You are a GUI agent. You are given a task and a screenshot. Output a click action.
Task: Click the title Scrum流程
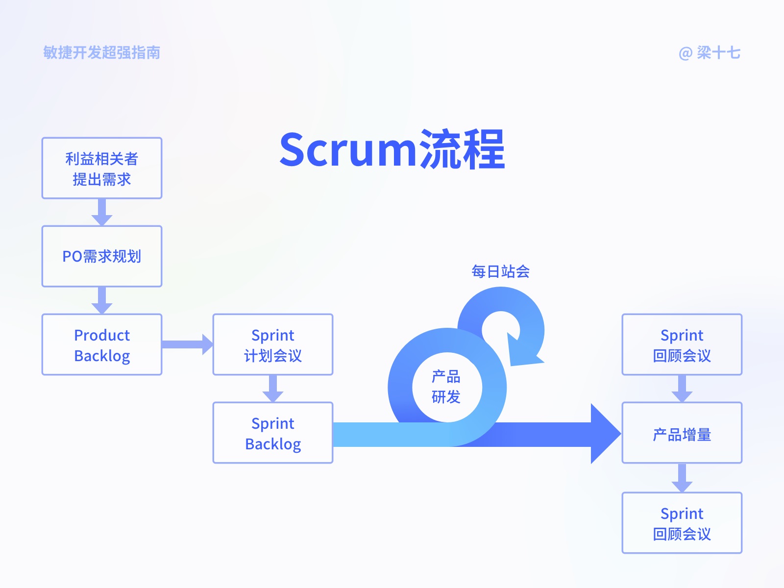coord(392,149)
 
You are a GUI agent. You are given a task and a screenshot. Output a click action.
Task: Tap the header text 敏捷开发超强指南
coord(102,52)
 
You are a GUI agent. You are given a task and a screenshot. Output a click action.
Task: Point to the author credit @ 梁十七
coord(710,53)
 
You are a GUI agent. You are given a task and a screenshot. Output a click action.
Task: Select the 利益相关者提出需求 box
coord(102,168)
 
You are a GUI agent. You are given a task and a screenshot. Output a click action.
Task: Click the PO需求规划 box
coord(102,256)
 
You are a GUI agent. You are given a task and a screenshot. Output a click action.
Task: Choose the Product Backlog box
coord(102,345)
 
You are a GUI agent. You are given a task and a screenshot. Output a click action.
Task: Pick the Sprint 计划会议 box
coord(273,345)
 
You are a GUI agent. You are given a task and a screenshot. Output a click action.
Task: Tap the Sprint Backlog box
coord(273,433)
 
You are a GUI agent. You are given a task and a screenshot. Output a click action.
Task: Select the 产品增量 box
coord(682,433)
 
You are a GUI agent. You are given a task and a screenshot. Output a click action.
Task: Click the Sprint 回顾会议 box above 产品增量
coord(682,345)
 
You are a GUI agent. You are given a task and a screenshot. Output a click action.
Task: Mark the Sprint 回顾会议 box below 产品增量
coord(682,523)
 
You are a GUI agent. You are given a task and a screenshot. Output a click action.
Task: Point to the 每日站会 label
coord(500,271)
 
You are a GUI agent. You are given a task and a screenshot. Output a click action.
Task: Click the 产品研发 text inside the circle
coord(446,387)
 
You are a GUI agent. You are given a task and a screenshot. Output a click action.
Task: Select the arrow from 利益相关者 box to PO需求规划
coord(102,212)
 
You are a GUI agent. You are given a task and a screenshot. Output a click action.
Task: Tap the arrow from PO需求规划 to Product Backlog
coord(102,300)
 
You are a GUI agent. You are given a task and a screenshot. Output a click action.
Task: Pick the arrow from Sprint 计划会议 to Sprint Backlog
coord(273,389)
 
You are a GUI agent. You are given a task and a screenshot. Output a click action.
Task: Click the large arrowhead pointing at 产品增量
coord(604,434)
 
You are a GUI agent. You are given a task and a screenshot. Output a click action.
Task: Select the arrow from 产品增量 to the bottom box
coord(682,478)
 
